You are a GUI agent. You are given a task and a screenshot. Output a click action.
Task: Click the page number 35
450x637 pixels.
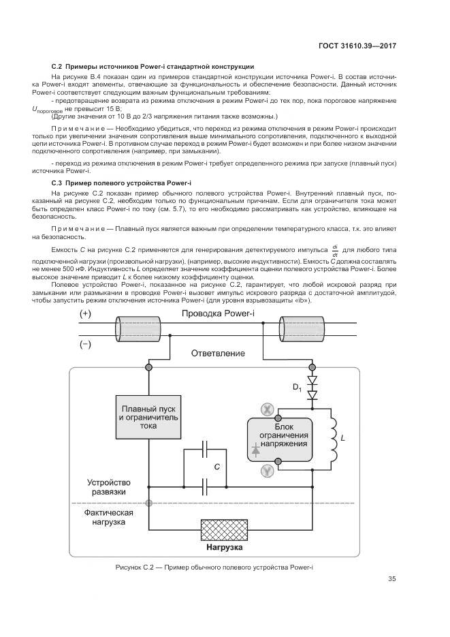coord(391,580)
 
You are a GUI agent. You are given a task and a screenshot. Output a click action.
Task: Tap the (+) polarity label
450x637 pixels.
coord(86,314)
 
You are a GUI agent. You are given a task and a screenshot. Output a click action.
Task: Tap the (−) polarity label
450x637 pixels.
coord(86,344)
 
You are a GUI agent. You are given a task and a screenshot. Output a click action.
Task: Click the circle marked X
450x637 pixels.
coord(268,409)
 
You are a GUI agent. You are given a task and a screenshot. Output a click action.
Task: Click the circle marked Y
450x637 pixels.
coord(268,470)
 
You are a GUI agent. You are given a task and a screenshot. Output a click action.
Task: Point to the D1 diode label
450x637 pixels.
coord(297,388)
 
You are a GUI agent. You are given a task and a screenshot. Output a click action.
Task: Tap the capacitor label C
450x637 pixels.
coord(216,467)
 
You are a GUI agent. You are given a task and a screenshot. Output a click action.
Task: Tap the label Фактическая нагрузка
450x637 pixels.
coord(109,517)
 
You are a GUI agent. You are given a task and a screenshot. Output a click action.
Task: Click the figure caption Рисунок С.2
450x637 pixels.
coord(214,568)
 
